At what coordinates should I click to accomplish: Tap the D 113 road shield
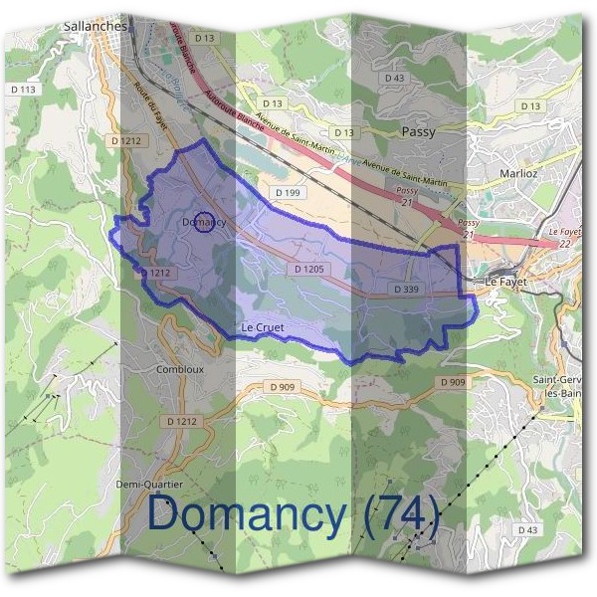(27, 90)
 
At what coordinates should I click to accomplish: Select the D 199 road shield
(286, 190)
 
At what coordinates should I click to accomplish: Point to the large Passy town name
(418, 130)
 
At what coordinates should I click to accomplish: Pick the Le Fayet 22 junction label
(564, 237)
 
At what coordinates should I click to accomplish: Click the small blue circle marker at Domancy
(203, 223)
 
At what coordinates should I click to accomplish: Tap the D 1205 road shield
(310, 269)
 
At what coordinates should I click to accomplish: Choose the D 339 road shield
(406, 289)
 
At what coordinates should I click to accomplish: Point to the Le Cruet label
(262, 326)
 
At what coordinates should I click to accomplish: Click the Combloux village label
(179, 368)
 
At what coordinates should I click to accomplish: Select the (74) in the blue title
(401, 514)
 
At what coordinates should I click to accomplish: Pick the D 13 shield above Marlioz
(529, 105)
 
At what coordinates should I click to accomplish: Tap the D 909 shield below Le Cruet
(283, 385)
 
